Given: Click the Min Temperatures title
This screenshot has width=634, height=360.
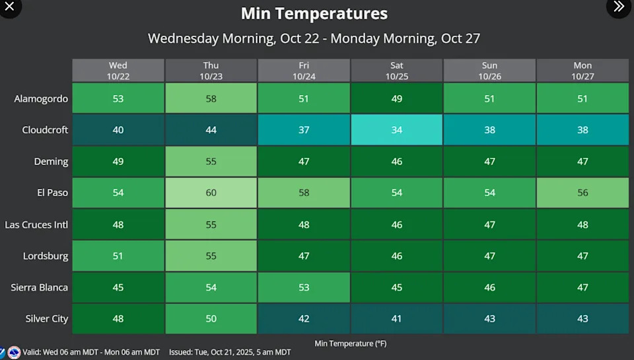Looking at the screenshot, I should [314, 13].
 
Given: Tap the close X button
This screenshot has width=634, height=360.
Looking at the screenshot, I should [10, 7].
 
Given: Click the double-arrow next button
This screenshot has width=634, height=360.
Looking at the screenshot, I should [619, 7].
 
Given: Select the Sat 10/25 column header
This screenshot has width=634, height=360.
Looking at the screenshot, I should [397, 71].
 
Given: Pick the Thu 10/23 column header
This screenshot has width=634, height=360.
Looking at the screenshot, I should [211, 71].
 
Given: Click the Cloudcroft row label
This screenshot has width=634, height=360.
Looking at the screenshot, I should [45, 130].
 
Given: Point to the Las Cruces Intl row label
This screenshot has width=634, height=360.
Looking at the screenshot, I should [36, 225].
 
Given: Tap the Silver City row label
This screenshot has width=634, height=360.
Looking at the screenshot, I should [47, 319].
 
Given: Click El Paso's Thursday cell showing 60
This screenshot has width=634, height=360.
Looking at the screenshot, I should [211, 193].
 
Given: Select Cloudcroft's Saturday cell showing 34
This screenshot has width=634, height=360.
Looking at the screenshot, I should [397, 130].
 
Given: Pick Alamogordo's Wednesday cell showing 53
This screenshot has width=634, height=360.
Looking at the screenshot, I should [118, 99].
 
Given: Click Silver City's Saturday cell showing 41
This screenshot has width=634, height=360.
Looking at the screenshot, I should [397, 319].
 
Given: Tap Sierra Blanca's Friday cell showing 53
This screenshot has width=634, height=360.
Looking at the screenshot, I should [304, 287].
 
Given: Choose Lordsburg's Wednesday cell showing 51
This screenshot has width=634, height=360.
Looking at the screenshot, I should [118, 256].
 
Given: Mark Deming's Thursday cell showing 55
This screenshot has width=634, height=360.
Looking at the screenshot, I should [211, 162].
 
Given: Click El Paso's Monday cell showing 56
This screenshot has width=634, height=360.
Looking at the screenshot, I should [582, 193].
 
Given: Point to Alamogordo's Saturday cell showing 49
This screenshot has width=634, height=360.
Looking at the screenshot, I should [397, 99].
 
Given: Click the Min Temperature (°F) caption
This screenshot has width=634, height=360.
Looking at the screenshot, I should [349, 343].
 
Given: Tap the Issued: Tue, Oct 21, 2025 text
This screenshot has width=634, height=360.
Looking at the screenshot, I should [230, 353].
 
